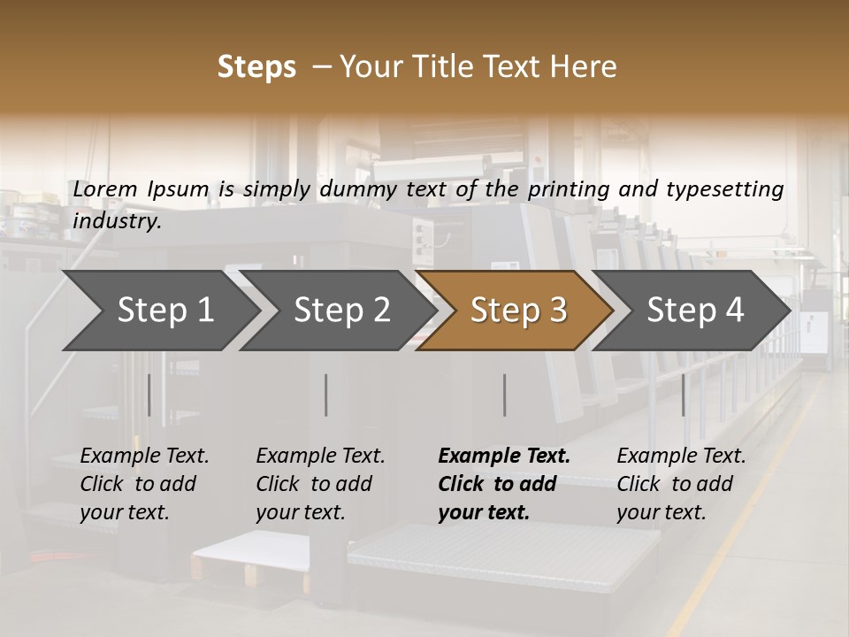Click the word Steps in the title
[x=256, y=67]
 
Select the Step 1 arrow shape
[x=159, y=311]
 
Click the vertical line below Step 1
[x=149, y=395]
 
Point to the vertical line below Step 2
[x=326, y=395]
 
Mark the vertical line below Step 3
[x=504, y=395]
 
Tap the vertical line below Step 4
[x=683, y=395]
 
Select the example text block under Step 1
[x=144, y=484]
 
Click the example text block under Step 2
[x=320, y=484]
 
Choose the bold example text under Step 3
[x=503, y=484]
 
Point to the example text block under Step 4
[x=681, y=484]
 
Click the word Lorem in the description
[x=105, y=188]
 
